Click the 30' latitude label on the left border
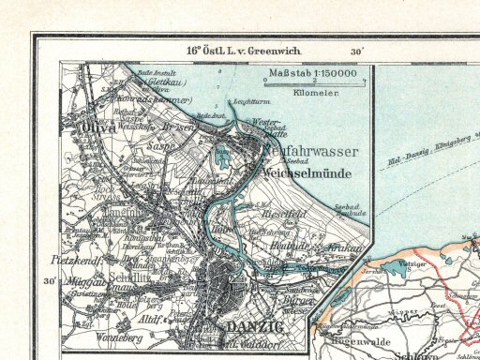pos(47,280)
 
